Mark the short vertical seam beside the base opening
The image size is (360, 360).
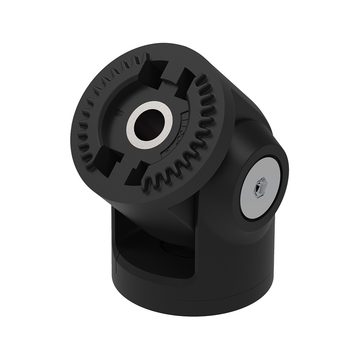pos(117,258)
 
